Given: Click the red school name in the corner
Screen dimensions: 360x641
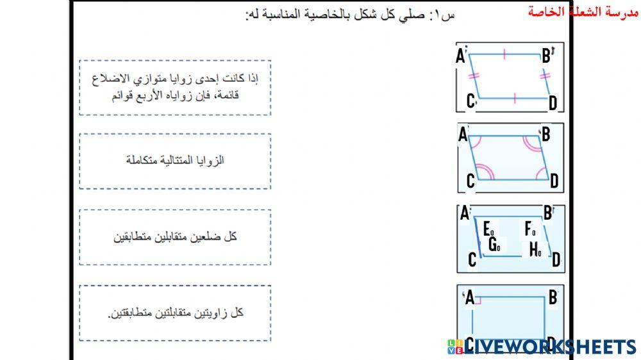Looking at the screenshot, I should pos(584,12).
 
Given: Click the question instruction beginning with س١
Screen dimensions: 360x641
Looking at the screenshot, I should pos(350,15).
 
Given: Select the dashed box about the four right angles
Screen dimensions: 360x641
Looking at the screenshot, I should pos(175,88).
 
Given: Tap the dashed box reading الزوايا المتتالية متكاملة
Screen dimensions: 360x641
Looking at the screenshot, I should pos(175,161).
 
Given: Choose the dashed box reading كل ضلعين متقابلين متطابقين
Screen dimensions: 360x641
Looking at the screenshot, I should pos(175,237).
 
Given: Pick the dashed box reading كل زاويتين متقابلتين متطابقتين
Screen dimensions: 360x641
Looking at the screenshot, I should pos(175,313).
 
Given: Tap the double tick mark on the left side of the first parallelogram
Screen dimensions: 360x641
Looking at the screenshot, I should pos(474,77).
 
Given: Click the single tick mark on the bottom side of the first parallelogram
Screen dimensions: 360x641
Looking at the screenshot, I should pos(514,99).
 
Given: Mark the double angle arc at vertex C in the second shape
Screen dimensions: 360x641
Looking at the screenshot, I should pos(482,172).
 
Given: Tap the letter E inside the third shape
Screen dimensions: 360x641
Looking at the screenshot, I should pos(488,229).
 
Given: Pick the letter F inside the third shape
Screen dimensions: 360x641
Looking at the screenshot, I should pos(529,229).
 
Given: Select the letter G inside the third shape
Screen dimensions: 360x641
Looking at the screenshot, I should pos(494,245).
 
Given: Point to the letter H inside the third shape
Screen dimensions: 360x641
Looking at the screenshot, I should pos(535,250).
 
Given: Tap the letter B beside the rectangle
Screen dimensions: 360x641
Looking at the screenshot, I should pos(552,298).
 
